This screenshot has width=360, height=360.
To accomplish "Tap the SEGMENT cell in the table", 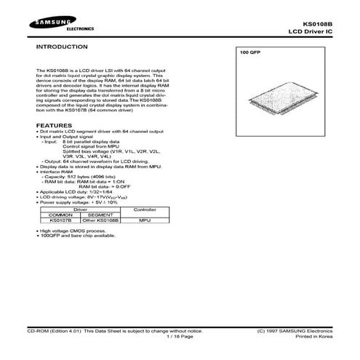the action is tap(99, 214).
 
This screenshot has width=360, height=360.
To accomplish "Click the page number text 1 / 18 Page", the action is tap(179, 337).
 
